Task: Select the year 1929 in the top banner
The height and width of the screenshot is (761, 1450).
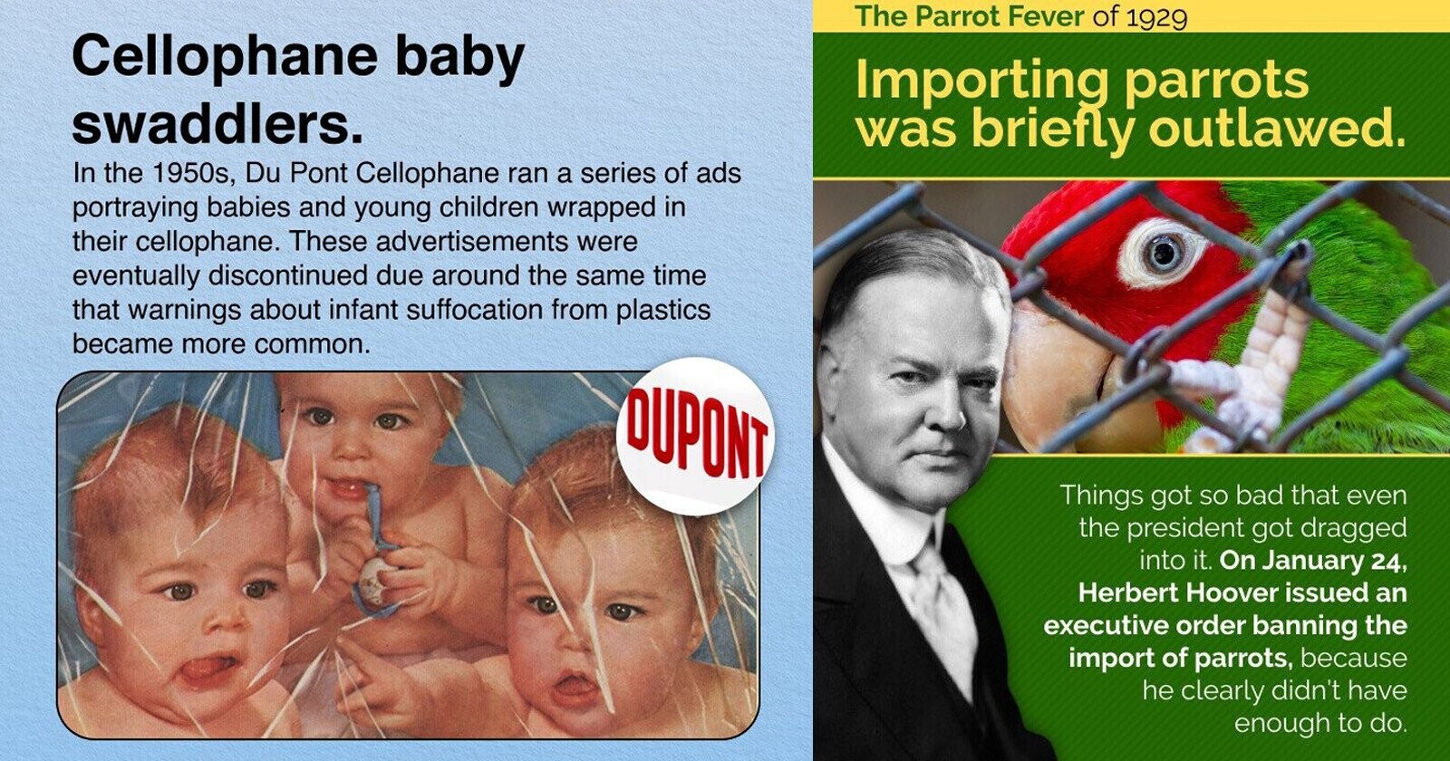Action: coord(1156,16)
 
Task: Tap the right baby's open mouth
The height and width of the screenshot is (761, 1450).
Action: coord(575,689)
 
